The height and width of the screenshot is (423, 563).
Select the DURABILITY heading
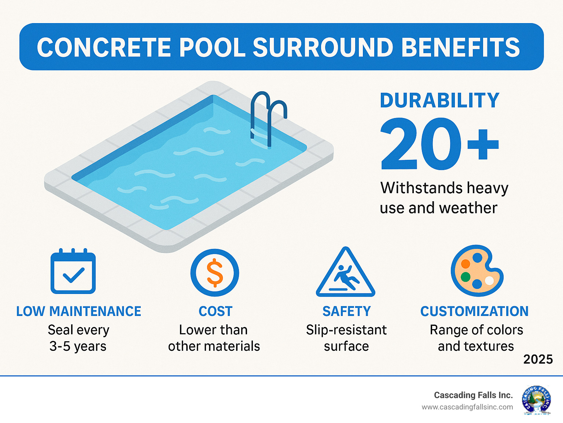pos(439,100)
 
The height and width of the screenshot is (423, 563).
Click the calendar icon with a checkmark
pos(73,272)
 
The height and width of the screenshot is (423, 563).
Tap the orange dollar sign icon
pos(215,273)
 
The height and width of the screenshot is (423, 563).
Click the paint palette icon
pos(476,271)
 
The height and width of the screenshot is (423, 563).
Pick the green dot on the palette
pos(466,277)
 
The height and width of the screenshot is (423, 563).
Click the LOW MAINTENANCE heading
pos(78,312)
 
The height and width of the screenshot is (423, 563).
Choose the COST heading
pos(216,312)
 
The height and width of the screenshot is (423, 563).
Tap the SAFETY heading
pos(346,312)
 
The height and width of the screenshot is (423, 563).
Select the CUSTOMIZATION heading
pos(474,312)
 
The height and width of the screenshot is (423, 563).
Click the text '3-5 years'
pos(78,346)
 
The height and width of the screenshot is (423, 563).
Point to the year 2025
pos(538,360)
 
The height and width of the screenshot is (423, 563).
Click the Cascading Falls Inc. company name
pos(473,395)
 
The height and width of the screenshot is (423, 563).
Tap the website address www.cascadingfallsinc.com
pos(467,407)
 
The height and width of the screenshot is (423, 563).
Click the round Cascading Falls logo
pos(537,400)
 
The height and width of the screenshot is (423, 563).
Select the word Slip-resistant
pos(346,330)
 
